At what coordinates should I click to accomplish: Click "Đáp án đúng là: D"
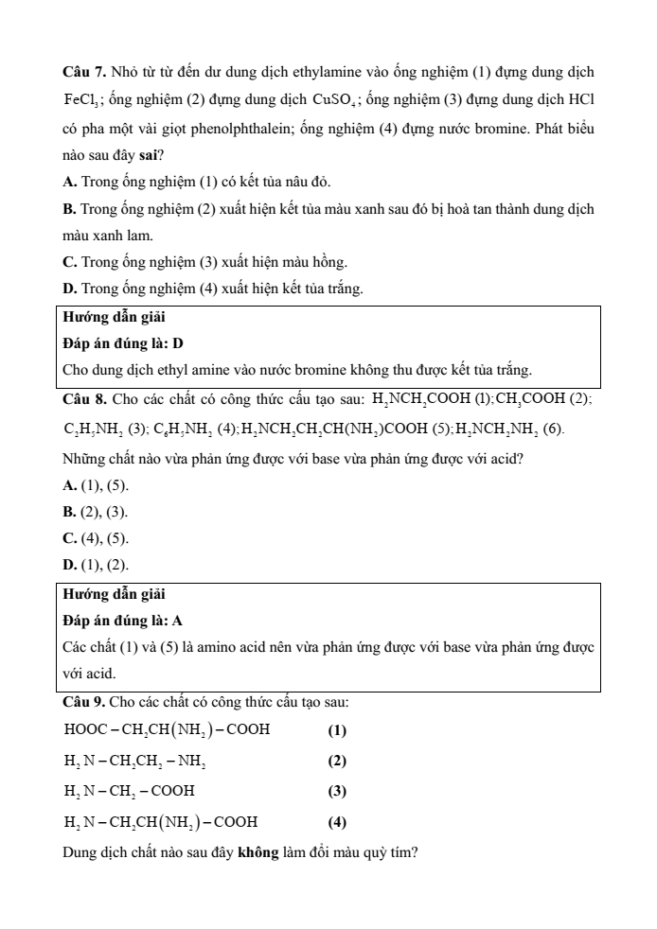click(122, 342)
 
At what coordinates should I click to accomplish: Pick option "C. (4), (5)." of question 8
click(95, 540)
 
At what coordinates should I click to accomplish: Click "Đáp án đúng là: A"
click(122, 621)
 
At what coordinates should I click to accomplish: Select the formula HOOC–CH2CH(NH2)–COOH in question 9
click(167, 730)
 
